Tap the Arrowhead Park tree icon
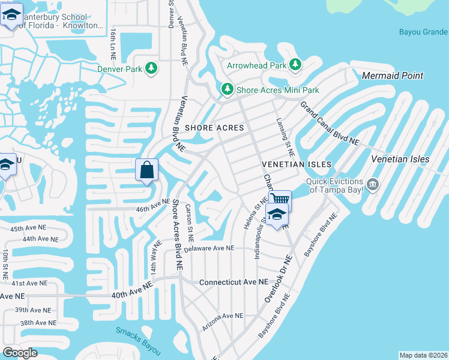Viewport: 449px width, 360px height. (295, 64)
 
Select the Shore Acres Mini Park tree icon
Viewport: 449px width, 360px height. (227, 89)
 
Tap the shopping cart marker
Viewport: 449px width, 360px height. (280, 199)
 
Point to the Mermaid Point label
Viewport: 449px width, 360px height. (393, 76)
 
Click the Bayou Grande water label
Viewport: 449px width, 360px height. (423, 32)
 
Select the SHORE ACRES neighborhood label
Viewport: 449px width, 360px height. (214, 128)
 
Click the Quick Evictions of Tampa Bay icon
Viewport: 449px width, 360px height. (373, 184)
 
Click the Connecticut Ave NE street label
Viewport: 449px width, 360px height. (234, 282)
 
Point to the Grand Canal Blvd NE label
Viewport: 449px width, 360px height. (329, 124)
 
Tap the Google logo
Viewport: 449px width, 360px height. (20, 353)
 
